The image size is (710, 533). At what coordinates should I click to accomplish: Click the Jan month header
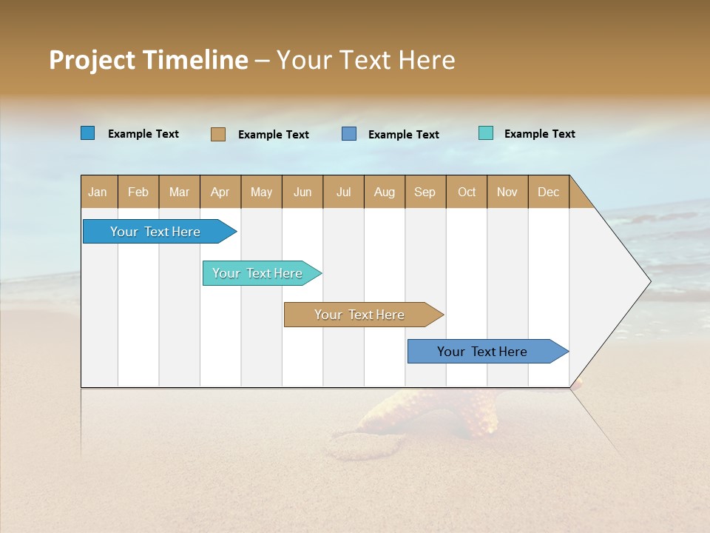click(x=98, y=192)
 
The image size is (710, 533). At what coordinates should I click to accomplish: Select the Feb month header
click(x=138, y=192)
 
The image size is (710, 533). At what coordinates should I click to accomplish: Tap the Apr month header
click(x=220, y=192)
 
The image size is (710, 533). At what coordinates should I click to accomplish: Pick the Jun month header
click(x=302, y=192)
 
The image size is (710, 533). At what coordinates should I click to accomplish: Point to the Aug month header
click(x=384, y=192)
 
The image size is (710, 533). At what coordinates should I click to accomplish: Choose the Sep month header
click(x=425, y=192)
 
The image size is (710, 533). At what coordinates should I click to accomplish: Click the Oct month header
click(x=467, y=192)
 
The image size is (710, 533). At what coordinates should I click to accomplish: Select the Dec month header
click(x=548, y=192)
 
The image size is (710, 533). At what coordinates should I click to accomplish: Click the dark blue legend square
click(x=88, y=133)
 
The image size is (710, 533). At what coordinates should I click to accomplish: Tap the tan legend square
click(x=218, y=134)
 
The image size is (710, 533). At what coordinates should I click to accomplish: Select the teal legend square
click(x=486, y=133)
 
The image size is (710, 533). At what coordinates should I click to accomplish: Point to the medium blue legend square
click(x=349, y=134)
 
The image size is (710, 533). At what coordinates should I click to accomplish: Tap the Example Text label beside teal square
click(x=539, y=134)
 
